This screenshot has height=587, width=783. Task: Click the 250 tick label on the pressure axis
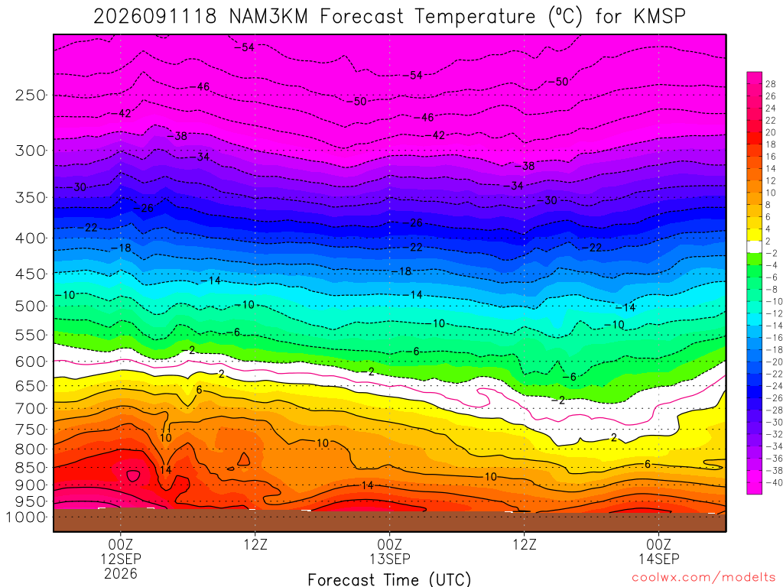30,95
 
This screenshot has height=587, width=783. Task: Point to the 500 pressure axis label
30,306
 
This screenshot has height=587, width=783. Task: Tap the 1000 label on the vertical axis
25,517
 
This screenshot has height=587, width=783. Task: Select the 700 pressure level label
30,409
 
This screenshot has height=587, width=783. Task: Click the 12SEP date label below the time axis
121,559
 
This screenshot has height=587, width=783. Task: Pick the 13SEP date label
390,559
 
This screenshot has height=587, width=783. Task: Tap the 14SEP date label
659,559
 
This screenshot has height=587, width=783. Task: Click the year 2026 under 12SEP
121,573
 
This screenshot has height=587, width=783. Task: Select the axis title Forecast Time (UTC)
389,579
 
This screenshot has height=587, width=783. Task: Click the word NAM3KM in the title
268,17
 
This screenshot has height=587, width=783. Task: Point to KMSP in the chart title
660,17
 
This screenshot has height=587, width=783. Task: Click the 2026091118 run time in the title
155,17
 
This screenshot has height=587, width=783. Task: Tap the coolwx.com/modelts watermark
703,578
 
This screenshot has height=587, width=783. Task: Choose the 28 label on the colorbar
771,84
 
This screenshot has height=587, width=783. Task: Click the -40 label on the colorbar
773,483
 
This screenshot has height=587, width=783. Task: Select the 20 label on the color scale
771,132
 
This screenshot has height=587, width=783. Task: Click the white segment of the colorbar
755,247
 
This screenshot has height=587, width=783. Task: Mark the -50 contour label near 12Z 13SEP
558,81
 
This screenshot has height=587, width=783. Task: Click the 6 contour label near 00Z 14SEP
648,464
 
